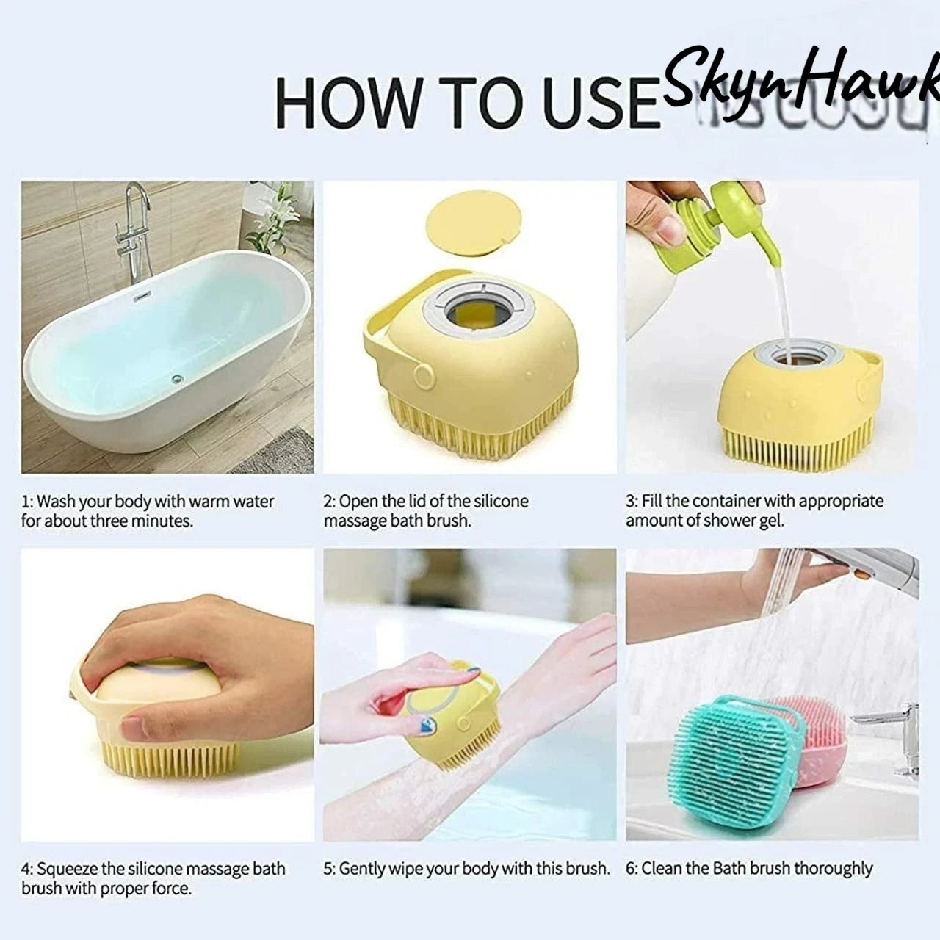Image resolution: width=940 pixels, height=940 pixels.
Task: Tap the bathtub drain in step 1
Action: (x=176, y=379)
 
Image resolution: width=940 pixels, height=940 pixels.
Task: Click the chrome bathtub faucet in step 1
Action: (x=132, y=228)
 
